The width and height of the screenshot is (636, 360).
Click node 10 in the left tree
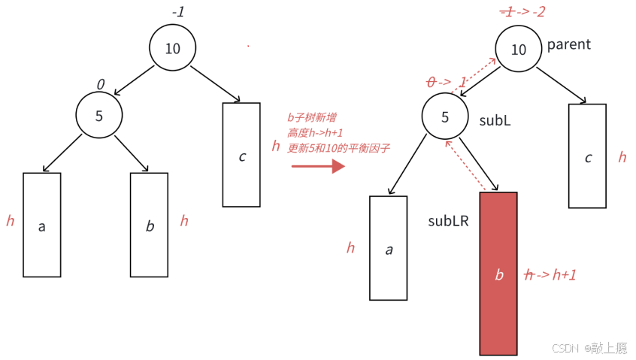point(172,49)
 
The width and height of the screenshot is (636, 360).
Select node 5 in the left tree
point(99,116)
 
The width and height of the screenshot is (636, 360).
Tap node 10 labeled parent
point(518,50)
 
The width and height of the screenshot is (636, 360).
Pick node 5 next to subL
point(444,118)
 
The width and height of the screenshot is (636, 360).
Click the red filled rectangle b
point(498,274)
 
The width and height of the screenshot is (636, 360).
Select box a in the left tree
point(41,225)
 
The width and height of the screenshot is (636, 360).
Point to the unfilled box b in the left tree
point(150,225)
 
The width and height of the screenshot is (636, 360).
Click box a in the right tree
point(389,249)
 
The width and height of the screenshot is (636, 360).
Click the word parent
point(569,44)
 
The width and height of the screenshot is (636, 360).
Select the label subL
point(495,120)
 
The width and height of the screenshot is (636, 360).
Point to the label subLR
point(449,221)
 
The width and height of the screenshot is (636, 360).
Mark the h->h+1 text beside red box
point(551,275)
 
